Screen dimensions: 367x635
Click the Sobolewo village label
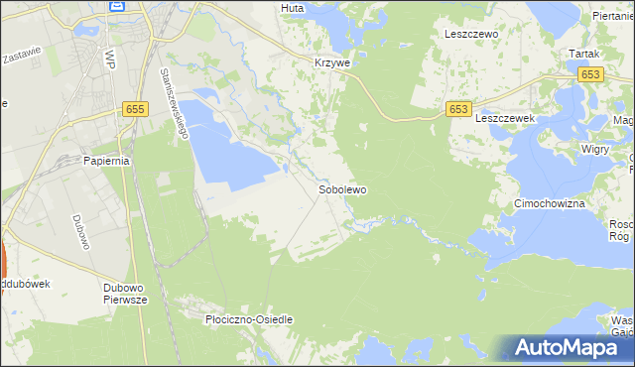coord(342,189)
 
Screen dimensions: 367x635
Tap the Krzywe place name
coord(326,61)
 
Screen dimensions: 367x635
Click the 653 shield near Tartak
coord(592,74)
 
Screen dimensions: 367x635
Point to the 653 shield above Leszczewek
coord(457,109)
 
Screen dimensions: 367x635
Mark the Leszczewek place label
coord(505,117)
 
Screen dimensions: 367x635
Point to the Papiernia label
coord(107,161)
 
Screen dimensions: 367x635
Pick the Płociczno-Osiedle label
coord(248,320)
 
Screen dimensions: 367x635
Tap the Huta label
coord(292,8)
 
